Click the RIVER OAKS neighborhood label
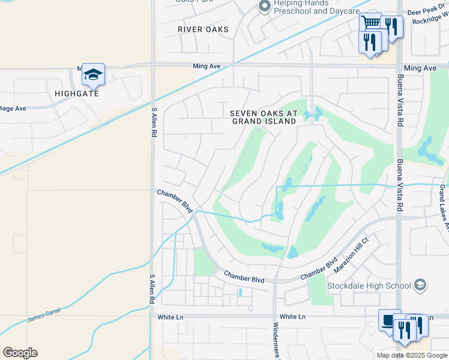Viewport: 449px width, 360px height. pos(203,29)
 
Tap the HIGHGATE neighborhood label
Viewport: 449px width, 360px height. pos(76,94)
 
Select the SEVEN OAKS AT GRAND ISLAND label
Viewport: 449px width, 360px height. pos(264,117)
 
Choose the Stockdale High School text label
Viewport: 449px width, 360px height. pos(369,286)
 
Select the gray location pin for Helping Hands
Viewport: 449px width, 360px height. pos(264,7)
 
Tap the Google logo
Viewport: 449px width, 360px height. pos(20,353)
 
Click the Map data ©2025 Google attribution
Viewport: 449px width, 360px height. pos(411,355)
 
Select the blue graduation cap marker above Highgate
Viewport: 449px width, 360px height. pos(93,74)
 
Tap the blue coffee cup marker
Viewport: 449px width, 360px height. pos(390,320)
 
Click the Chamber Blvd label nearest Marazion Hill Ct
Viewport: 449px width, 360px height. pos(319,268)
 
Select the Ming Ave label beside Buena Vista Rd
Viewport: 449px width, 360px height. pos(420,68)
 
